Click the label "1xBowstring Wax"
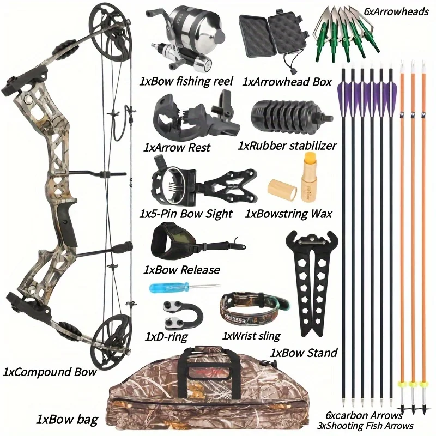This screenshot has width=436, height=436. (x=288, y=214)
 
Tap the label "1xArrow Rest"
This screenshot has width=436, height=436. (x=177, y=147)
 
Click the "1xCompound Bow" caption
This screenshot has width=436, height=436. (x=50, y=372)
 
